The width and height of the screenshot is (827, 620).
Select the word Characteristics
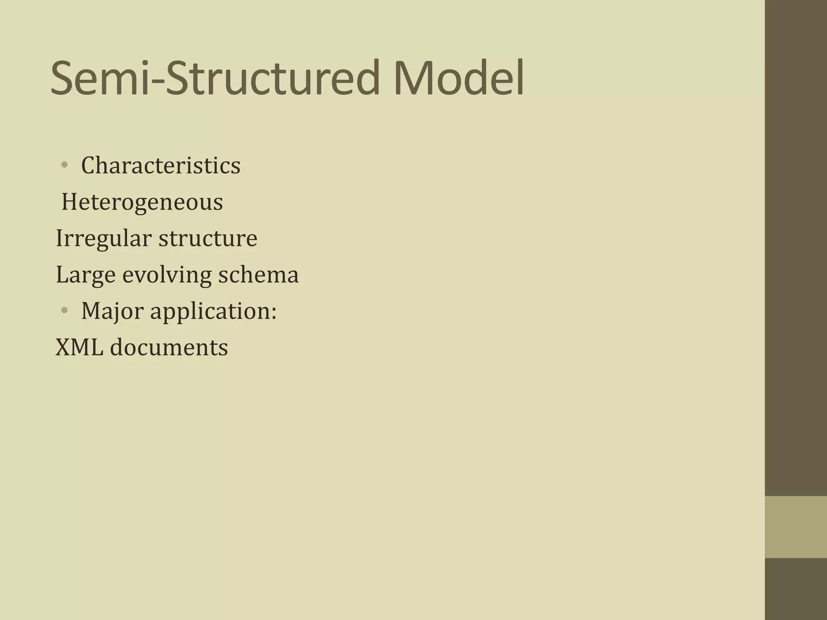click(x=161, y=165)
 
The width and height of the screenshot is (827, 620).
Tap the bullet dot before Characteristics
click(x=64, y=165)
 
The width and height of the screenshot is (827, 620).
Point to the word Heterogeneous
click(x=142, y=202)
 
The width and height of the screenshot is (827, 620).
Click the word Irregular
click(x=103, y=238)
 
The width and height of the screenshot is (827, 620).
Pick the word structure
click(x=208, y=238)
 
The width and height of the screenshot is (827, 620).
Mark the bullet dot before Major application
click(x=64, y=310)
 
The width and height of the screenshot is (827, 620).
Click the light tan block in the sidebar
click(x=796, y=527)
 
